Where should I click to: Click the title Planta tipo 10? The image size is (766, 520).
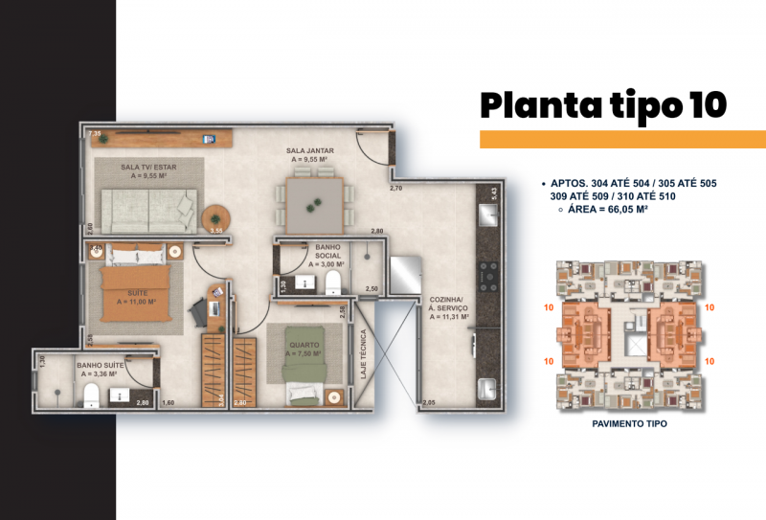(602, 104)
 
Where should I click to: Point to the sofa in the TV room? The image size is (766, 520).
(148, 209)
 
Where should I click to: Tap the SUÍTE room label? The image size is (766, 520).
(136, 297)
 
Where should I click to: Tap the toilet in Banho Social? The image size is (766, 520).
(332, 282)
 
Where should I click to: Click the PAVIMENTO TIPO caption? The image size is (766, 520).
(629, 422)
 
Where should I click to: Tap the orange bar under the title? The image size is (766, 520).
(622, 140)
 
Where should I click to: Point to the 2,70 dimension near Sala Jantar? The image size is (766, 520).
(395, 189)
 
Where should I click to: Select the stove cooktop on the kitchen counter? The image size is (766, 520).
(487, 273)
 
